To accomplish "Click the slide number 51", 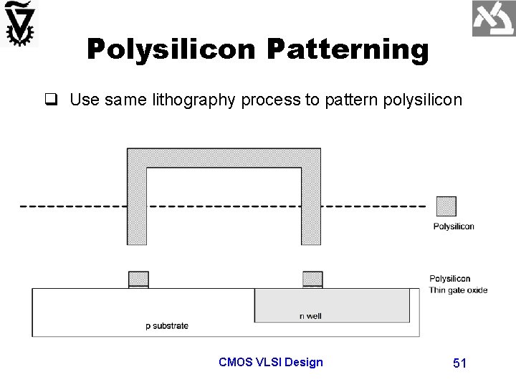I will [459, 363].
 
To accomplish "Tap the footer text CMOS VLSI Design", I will [270, 362].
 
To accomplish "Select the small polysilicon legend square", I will [446, 206].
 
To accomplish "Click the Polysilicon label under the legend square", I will [453, 226].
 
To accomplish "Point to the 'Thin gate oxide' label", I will [458, 290].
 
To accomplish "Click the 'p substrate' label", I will [167, 326].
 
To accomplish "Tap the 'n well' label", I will [310, 316].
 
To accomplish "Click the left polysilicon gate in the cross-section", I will [138, 279].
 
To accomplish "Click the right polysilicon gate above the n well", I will [312, 279].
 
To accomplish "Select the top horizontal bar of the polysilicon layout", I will [224, 157].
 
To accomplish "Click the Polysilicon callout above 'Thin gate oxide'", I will [450, 279].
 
